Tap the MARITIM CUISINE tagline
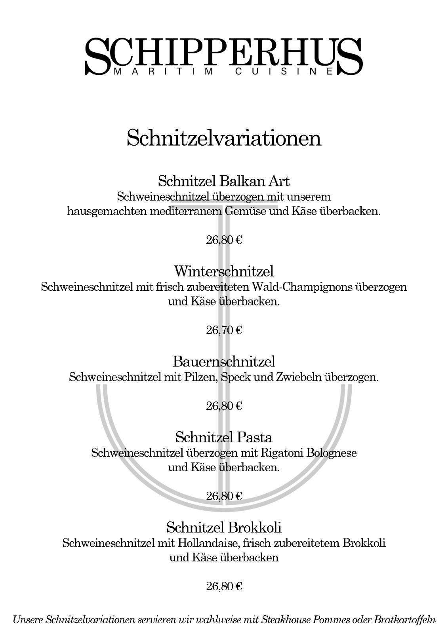click(224, 72)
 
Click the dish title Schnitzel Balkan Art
click(224, 181)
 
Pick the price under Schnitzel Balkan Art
click(224, 240)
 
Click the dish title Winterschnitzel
click(224, 271)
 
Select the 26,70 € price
click(224, 330)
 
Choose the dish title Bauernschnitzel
click(224, 361)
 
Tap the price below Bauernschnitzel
click(224, 406)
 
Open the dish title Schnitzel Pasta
click(224, 437)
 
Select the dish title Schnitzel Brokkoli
click(224, 527)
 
